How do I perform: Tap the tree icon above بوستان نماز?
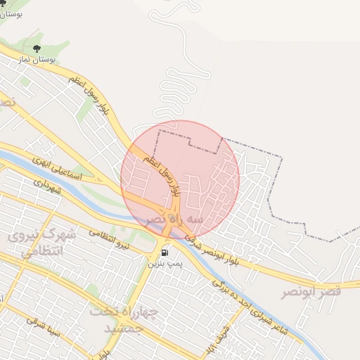coord(37,49)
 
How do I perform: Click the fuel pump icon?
coord(165,252)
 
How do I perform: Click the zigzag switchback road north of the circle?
coord(172,91)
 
